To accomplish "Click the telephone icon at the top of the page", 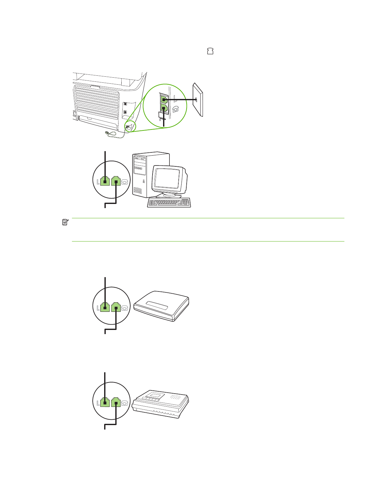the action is [210, 51].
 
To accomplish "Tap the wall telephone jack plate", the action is [197, 99].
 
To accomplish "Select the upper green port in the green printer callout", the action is [163, 99].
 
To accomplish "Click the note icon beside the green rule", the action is [65, 222].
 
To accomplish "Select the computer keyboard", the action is [169, 202].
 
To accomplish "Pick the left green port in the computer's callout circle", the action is [105, 181].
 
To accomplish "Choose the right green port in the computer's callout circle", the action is [116, 181].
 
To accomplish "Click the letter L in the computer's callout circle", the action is [98, 182].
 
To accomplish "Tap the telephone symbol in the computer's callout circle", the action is [125, 182].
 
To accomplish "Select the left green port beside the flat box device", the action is [105, 307].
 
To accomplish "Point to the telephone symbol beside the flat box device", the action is [125, 308].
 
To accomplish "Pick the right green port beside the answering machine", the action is [116, 402].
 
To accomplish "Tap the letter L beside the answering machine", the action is [98, 403].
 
